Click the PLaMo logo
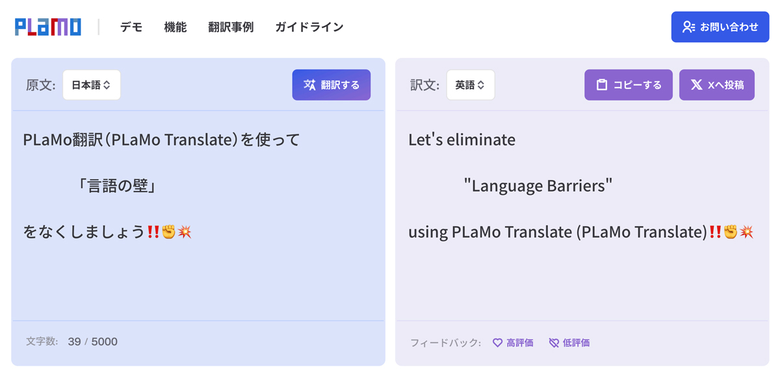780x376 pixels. (x=47, y=27)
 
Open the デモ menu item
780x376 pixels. (x=131, y=27)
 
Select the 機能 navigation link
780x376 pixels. (x=175, y=27)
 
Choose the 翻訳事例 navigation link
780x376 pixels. (x=231, y=27)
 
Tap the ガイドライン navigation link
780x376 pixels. (x=309, y=27)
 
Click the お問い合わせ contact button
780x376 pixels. (x=720, y=27)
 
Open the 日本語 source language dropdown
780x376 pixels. (x=91, y=85)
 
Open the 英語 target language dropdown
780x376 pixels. (x=471, y=85)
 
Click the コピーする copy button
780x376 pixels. (x=629, y=85)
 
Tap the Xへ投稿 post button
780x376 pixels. (x=716, y=85)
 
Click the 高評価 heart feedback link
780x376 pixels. (x=513, y=343)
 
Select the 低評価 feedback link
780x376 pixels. (x=569, y=343)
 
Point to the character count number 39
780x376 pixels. (x=74, y=342)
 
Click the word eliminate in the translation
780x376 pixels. (x=481, y=140)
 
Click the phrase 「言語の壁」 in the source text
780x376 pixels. (x=117, y=186)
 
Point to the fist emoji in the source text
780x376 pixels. (x=169, y=232)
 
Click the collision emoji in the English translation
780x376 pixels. (x=746, y=232)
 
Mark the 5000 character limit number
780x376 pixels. (x=104, y=342)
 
